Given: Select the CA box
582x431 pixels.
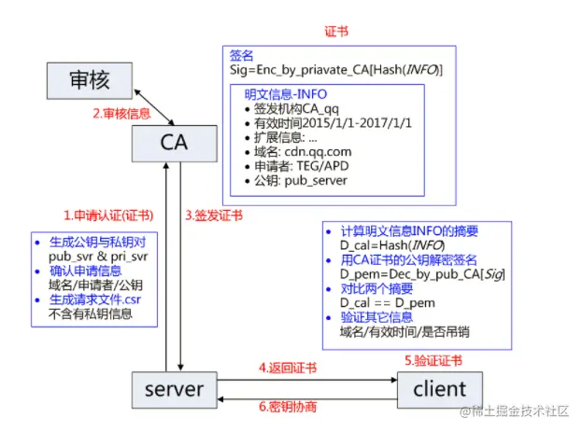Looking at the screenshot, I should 175,143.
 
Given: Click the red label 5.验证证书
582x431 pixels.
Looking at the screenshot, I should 432,360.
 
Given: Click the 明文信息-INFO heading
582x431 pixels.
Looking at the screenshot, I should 285,93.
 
